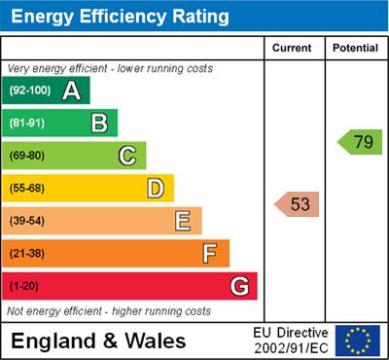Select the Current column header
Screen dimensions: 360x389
click(293, 48)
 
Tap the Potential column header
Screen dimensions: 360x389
click(355, 48)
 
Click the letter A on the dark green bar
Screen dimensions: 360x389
click(71, 91)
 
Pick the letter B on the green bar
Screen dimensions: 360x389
click(99, 124)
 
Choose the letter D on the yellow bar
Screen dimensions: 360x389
click(155, 188)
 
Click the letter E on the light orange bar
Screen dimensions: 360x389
click(183, 221)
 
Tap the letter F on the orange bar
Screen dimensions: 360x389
click(209, 254)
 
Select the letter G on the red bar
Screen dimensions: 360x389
click(238, 287)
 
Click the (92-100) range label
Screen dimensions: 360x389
click(29, 91)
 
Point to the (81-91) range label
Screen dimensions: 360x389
click(28, 124)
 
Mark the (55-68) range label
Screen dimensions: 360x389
click(28, 188)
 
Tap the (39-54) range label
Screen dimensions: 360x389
click(28, 221)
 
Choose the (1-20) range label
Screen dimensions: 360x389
click(24, 287)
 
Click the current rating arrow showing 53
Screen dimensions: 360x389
click(298, 204)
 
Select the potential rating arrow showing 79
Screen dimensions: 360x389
click(360, 142)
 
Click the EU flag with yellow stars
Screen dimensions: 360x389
click(357, 340)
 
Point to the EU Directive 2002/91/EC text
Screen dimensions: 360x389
click(291, 340)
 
